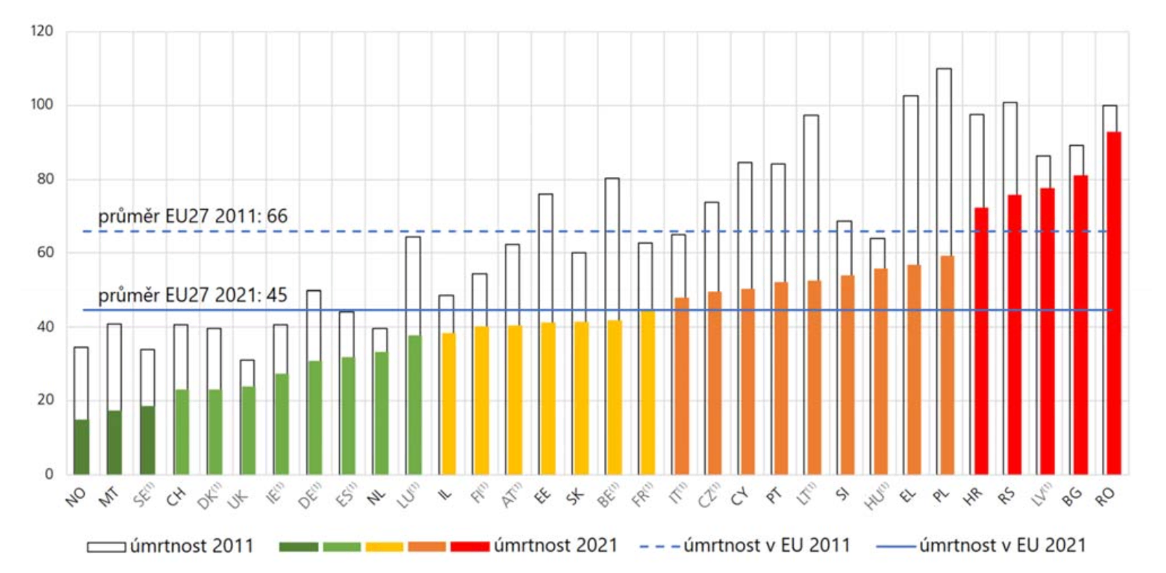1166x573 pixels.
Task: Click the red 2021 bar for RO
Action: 1114,303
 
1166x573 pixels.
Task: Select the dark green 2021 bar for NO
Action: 82,447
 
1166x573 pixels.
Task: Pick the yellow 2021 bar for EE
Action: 549,398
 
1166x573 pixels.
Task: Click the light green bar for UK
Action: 248,430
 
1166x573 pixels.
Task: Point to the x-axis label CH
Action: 176,496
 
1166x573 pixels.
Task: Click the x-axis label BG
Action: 1072,496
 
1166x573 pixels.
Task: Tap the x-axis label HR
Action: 973,496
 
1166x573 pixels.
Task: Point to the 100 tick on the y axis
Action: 42,104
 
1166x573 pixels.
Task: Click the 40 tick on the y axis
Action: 45,327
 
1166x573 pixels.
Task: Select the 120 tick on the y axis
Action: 42,31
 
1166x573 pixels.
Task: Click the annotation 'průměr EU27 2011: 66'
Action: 193,216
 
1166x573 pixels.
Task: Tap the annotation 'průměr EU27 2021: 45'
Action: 193,295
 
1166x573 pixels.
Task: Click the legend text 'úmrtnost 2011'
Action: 192,546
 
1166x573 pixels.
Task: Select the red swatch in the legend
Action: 469,547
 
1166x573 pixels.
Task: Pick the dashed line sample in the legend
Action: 659,547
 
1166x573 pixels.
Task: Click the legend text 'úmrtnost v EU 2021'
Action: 1003,546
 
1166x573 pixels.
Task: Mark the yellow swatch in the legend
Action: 384,547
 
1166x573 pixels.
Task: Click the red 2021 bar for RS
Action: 1014,335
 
